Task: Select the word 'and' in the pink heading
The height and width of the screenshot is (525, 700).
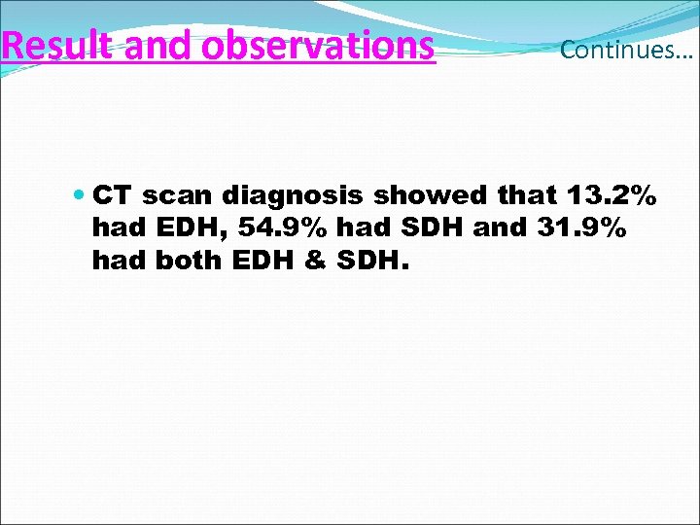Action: click(155, 45)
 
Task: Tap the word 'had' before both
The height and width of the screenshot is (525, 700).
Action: click(115, 260)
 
